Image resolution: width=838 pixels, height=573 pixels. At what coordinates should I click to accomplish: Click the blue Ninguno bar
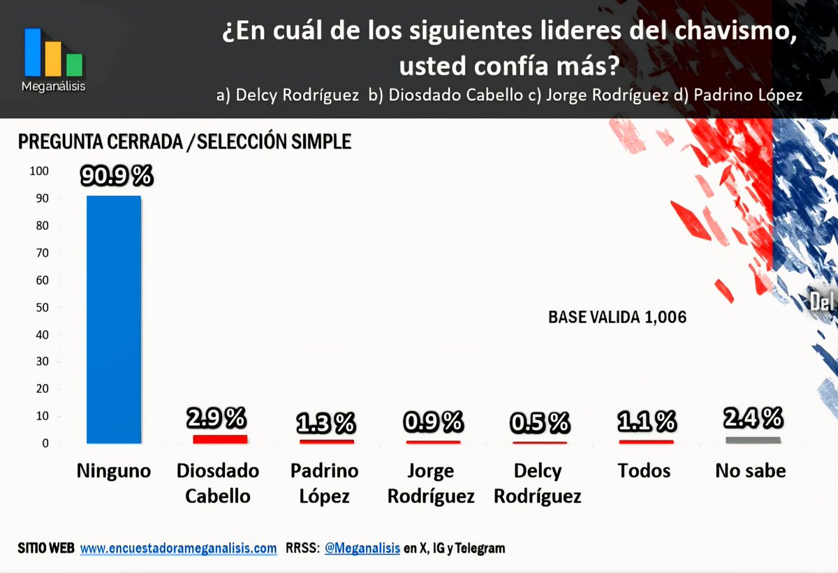pyautogui.click(x=114, y=319)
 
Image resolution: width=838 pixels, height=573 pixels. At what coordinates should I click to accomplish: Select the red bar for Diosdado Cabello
pyautogui.click(x=220, y=439)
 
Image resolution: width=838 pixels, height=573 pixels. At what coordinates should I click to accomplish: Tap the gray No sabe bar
pyautogui.click(x=752, y=440)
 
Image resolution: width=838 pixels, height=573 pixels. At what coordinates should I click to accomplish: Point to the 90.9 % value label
pyautogui.click(x=116, y=176)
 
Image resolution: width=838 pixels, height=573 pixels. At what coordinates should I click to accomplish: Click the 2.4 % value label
pyautogui.click(x=753, y=418)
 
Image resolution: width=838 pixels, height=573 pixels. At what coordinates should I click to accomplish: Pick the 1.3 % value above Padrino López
pyautogui.click(x=325, y=422)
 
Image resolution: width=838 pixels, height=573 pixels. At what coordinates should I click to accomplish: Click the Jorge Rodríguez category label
pyautogui.click(x=431, y=484)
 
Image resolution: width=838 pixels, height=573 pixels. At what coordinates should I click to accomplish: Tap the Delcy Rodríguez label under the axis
pyautogui.click(x=538, y=484)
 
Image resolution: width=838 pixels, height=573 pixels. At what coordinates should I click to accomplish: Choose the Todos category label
pyautogui.click(x=644, y=471)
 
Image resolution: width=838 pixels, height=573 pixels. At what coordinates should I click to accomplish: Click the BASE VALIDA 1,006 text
pyautogui.click(x=617, y=318)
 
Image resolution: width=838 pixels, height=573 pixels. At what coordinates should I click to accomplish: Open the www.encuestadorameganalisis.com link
pyautogui.click(x=178, y=549)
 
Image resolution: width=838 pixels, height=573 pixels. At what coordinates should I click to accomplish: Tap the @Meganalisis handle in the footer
pyautogui.click(x=362, y=549)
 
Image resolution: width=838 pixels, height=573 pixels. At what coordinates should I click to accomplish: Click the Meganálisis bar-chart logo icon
pyautogui.click(x=54, y=52)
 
